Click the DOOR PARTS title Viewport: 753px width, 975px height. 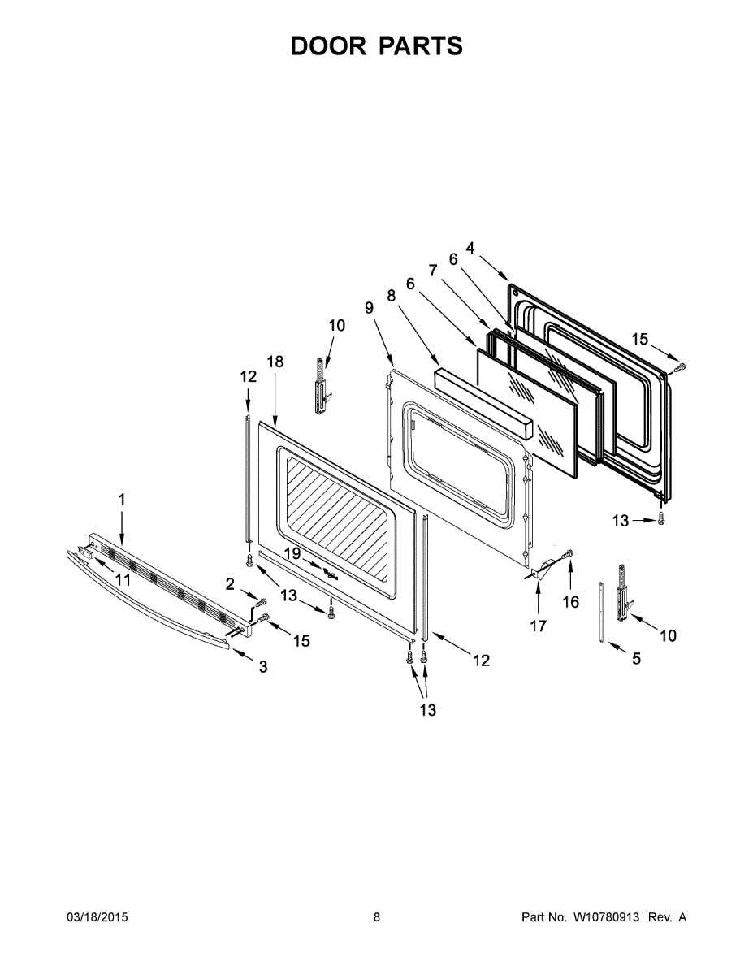[376, 45]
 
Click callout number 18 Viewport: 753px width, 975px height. [275, 362]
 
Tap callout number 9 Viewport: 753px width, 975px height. [369, 308]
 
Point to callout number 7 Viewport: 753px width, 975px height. [433, 269]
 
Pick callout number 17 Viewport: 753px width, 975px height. [538, 626]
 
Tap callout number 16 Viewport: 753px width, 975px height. [571, 602]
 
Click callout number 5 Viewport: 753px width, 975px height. [636, 658]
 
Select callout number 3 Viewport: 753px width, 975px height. [262, 666]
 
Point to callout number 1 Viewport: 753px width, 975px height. [122, 500]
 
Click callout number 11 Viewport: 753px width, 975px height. [123, 579]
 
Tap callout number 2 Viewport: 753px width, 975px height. [230, 583]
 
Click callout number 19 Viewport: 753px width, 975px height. [292, 553]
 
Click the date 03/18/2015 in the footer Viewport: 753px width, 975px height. [97, 917]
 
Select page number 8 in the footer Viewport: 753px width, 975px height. [376, 917]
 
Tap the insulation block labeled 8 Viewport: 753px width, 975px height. [483, 403]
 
